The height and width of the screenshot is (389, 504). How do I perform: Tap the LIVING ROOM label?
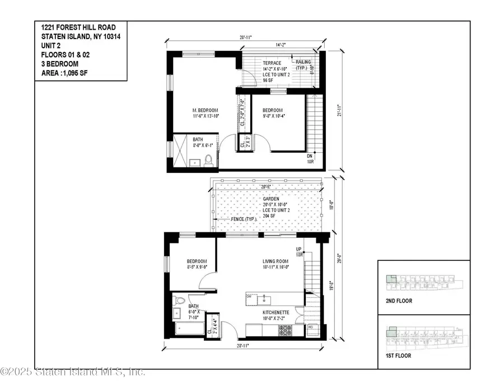(x=276, y=261)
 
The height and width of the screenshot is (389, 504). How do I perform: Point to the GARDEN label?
(x=272, y=199)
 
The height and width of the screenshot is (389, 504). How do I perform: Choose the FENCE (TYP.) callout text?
(x=241, y=219)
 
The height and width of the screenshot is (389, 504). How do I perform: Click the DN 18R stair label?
(x=310, y=158)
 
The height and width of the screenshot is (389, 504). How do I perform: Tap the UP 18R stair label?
(x=299, y=252)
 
